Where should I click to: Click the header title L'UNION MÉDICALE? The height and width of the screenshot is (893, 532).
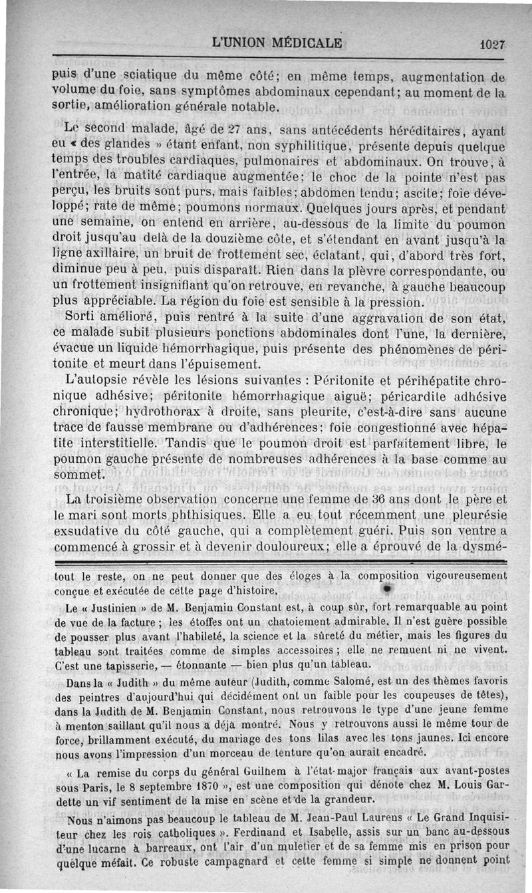point(276,45)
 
